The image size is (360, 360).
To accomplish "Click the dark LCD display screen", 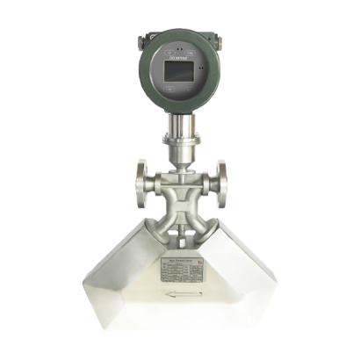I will [180, 78].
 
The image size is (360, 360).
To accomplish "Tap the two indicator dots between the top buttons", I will [180, 50].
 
